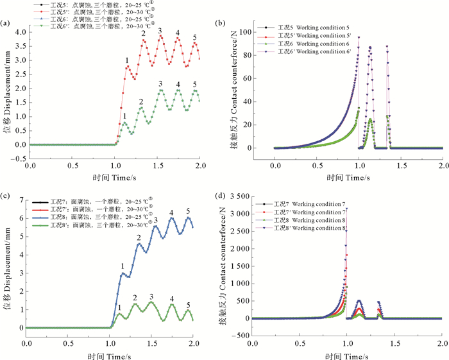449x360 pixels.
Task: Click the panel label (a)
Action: coord(6,24)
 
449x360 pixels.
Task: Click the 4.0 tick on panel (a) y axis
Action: coord(19,31)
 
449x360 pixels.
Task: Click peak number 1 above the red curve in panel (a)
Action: coord(126,60)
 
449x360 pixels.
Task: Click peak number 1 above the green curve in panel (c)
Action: coord(119,307)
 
